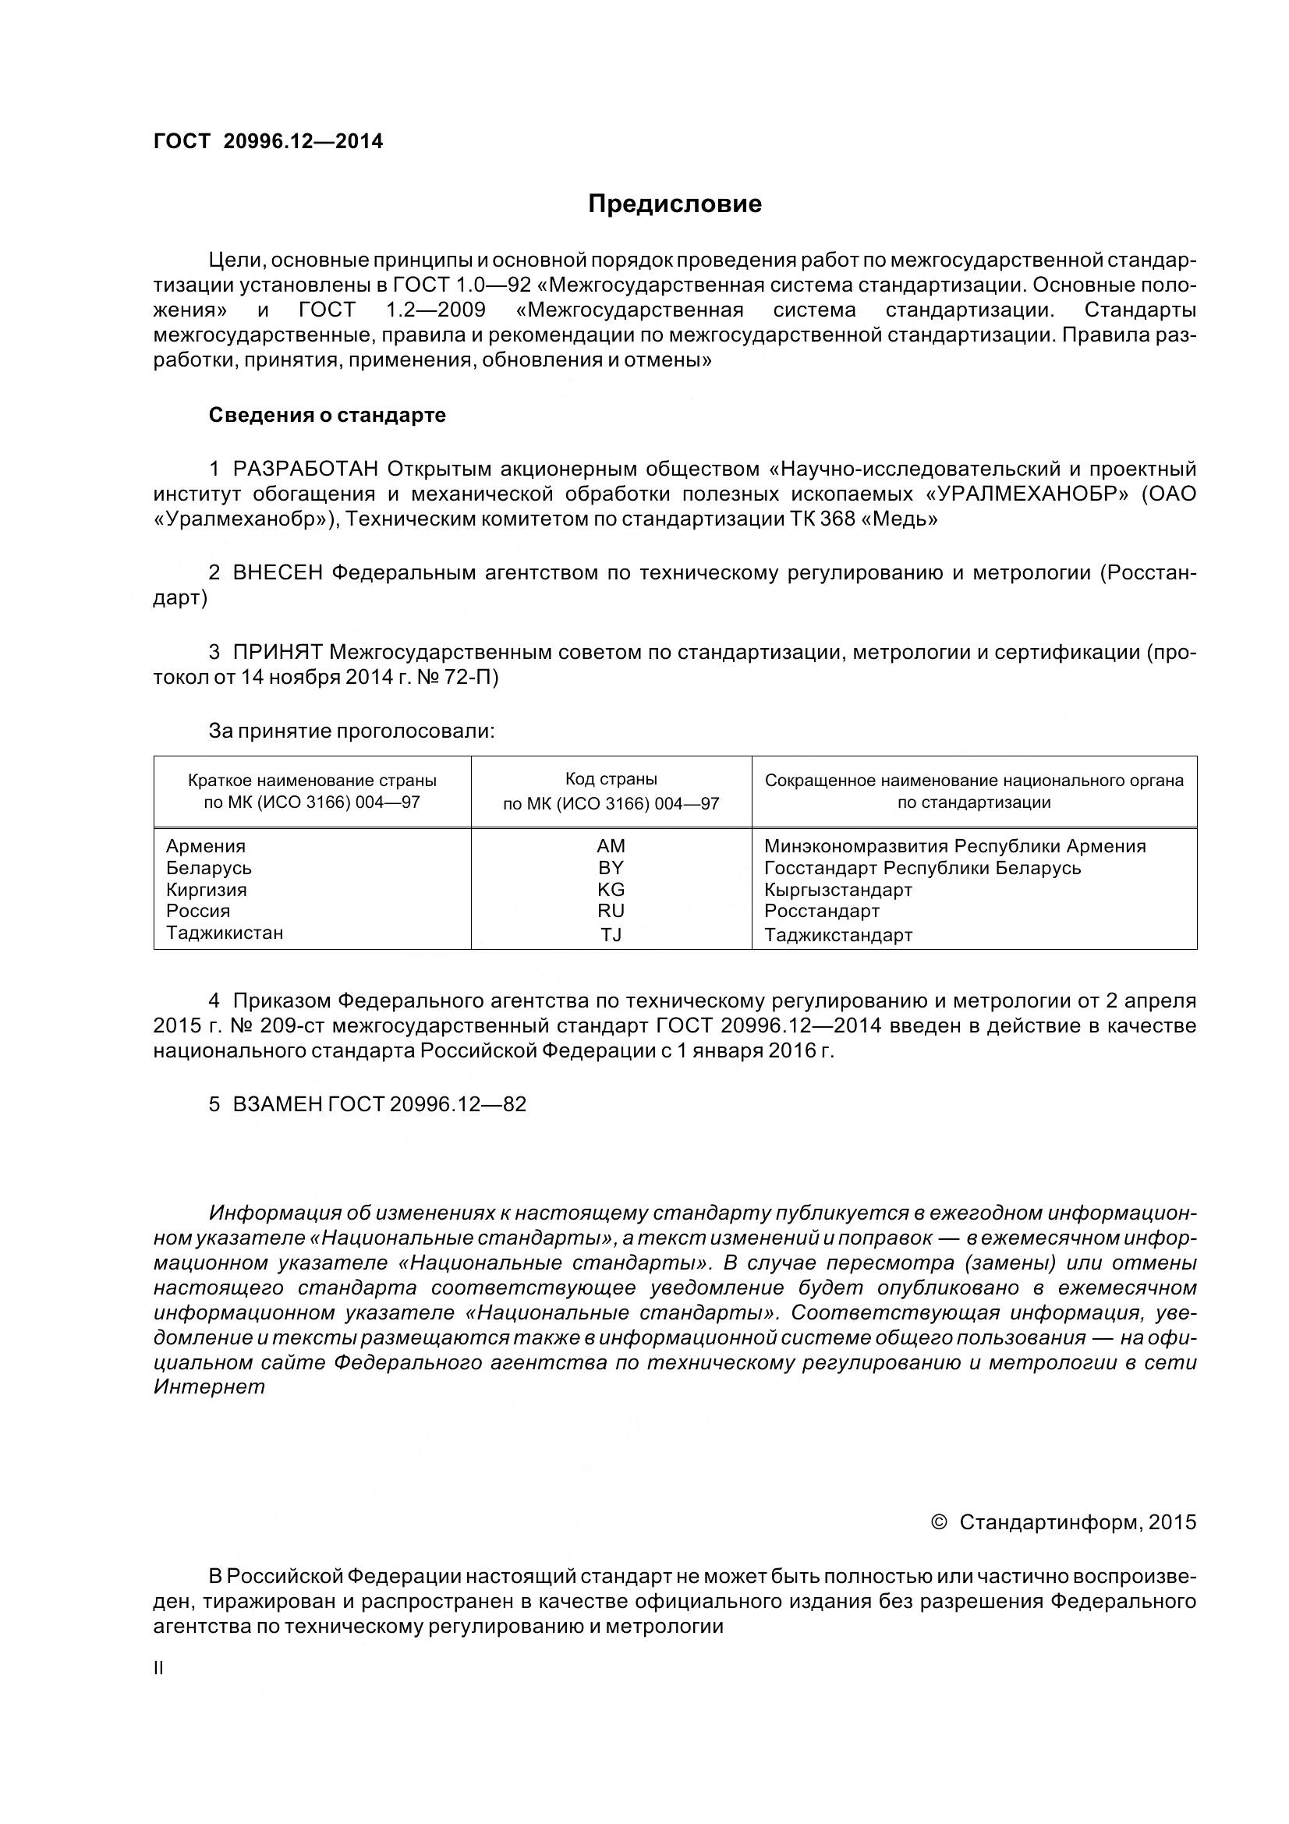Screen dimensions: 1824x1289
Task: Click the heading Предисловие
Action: (x=675, y=204)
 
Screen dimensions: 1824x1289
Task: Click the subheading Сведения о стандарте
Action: (x=328, y=416)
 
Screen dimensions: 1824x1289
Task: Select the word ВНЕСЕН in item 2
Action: (x=277, y=573)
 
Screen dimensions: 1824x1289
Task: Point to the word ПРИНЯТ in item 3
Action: (x=277, y=652)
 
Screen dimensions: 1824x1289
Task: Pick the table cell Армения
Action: (x=206, y=846)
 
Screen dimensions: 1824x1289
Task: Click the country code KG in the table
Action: (x=611, y=890)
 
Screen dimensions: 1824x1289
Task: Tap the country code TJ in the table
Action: (x=611, y=935)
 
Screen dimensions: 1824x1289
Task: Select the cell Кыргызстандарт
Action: (x=838, y=890)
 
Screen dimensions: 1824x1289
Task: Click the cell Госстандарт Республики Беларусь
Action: (x=922, y=867)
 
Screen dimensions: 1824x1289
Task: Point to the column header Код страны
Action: (x=611, y=779)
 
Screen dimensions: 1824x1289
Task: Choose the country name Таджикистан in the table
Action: (x=225, y=933)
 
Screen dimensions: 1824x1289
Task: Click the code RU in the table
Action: (x=611, y=911)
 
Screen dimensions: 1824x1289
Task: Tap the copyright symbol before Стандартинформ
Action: (x=939, y=1523)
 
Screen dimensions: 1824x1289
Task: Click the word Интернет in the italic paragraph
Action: (x=209, y=1388)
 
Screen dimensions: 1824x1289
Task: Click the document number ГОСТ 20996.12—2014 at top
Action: (x=267, y=141)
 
